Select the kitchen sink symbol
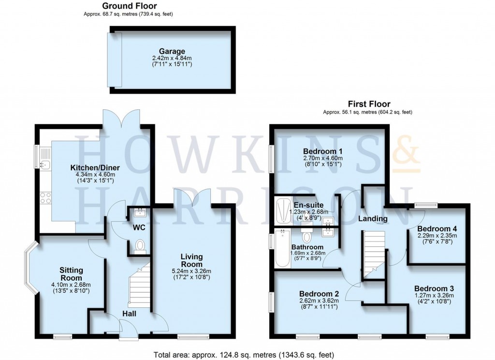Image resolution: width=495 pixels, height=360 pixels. point(44,165)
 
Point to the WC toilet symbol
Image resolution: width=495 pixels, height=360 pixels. point(141,246)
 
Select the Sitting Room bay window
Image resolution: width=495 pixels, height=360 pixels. point(30,268)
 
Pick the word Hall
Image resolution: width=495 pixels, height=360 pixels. point(129,314)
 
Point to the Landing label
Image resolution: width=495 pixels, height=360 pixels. point(373,219)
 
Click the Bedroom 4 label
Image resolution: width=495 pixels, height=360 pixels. point(437,228)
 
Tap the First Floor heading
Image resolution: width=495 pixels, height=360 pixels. point(369,104)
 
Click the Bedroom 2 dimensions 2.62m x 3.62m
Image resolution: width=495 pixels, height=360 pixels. point(319,300)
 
